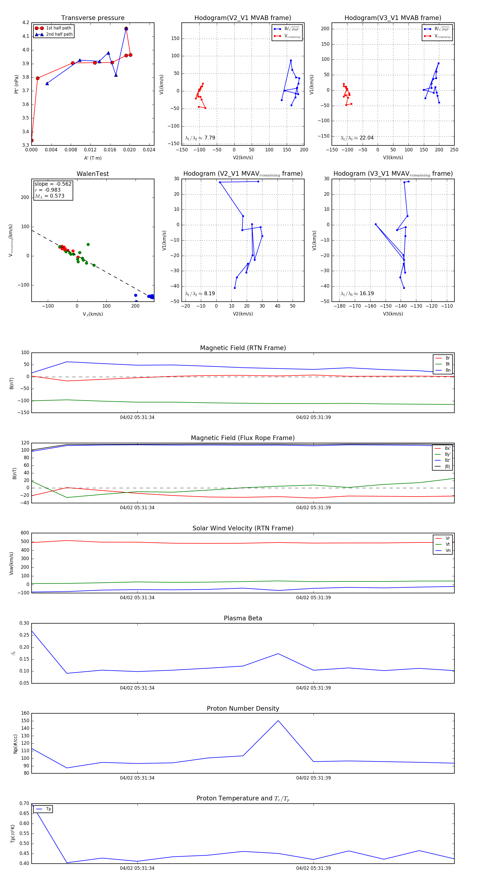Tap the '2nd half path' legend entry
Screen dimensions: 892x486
pos(59,34)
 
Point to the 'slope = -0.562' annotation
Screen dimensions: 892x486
pos(53,184)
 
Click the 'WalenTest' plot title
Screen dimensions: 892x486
pos(93,174)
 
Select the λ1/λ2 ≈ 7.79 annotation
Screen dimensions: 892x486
pos(200,138)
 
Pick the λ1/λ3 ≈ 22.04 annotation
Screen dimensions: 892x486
pos(357,138)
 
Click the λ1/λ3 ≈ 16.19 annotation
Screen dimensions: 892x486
pos(357,294)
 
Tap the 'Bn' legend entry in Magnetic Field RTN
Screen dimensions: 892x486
pos(448,370)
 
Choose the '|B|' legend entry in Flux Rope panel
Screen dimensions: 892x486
pos(447,467)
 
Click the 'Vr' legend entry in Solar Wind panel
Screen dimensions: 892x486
pos(448,538)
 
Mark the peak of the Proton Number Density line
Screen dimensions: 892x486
pos(278,721)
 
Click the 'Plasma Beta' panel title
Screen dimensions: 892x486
pos(243,618)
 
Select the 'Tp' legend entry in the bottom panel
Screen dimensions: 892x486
pos(48,809)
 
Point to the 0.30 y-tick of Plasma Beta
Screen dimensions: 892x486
pos(24,623)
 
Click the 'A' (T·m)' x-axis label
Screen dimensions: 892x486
pos(93,158)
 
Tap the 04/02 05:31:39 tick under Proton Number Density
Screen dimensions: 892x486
pos(313,778)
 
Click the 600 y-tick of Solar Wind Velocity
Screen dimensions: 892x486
pos(25,533)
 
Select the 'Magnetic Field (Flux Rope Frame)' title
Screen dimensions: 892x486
pos(243,438)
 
